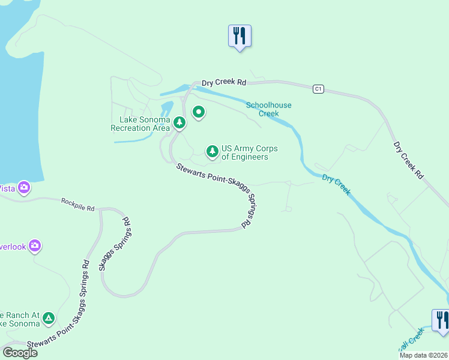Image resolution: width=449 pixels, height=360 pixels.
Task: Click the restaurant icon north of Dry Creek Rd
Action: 240,36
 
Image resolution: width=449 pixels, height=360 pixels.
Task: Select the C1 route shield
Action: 318,89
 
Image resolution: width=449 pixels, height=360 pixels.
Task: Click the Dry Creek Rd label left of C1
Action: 224,83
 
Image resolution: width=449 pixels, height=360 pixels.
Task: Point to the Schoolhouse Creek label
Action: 268,109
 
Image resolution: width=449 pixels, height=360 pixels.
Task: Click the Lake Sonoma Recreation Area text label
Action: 140,124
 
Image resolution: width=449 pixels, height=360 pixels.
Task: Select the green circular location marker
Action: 198,112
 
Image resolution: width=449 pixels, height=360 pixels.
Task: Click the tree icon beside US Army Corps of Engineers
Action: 212,152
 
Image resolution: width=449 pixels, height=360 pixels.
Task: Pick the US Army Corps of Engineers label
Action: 245,152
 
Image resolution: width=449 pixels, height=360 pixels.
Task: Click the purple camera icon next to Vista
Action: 24,188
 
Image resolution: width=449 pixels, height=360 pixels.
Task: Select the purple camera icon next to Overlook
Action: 35,245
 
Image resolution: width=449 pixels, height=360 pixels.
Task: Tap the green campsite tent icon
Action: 49,318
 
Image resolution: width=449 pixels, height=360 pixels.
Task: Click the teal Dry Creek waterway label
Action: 336,185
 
